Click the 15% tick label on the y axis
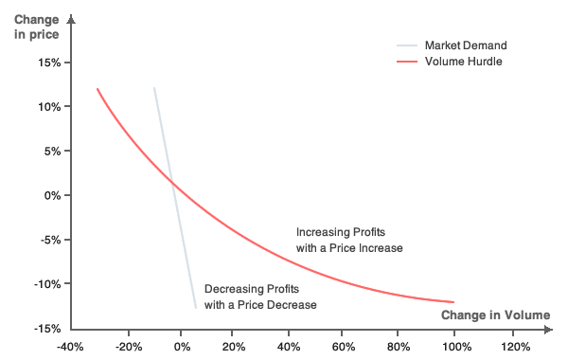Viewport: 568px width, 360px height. pyautogui.click(x=48, y=63)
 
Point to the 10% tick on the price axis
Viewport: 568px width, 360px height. pyautogui.click(x=48, y=107)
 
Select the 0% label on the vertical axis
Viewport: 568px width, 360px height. pyautogui.click(x=51, y=195)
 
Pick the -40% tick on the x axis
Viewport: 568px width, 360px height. pyautogui.click(x=70, y=346)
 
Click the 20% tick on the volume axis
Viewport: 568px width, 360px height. pyautogui.click(x=235, y=346)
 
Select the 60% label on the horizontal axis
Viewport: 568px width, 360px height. pyautogui.click(x=345, y=346)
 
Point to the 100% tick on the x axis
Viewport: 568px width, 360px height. pyautogui.click(x=454, y=346)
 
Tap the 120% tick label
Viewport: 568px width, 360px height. pyautogui.click(x=513, y=346)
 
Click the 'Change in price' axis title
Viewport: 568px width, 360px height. pyautogui.click(x=37, y=27)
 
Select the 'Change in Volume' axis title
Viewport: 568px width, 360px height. pyautogui.click(x=495, y=315)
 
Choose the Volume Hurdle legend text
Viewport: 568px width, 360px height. pyautogui.click(x=463, y=62)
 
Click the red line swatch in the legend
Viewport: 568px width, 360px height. pyautogui.click(x=406, y=62)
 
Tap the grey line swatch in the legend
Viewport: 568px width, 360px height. pyautogui.click(x=406, y=45)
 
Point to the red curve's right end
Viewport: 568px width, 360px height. pyautogui.click(x=454, y=302)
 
